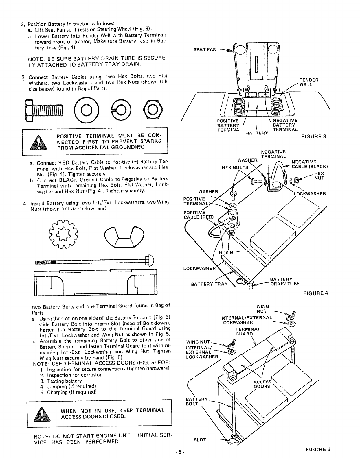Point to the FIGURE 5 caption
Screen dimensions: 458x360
coord(317,449)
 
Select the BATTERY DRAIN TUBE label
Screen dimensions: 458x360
coord(284,281)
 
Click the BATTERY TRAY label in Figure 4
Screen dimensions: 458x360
coord(209,284)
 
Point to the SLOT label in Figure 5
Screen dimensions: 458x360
coord(200,440)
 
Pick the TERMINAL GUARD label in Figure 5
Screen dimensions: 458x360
coord(248,331)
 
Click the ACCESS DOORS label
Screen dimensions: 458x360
coord(262,384)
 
